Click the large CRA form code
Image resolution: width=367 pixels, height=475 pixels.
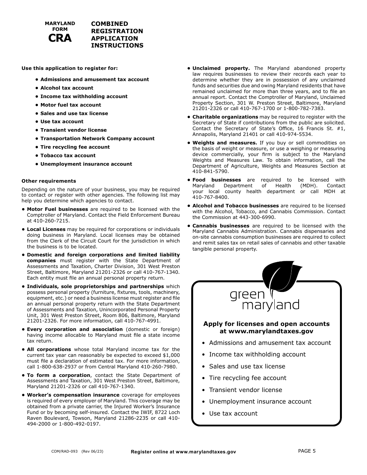click(60, 38)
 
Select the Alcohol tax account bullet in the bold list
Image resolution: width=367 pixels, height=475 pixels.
click(67, 88)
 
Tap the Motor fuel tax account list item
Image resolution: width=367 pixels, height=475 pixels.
click(71, 105)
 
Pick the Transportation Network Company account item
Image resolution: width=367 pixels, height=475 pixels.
click(97, 139)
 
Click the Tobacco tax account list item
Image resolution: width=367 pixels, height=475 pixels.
click(68, 156)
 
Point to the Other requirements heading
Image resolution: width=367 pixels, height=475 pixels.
click(49, 181)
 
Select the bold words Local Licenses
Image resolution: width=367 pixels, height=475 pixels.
click(46, 229)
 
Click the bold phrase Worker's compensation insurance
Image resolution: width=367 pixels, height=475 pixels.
click(73, 395)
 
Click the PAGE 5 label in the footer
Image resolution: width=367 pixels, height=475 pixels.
click(307, 451)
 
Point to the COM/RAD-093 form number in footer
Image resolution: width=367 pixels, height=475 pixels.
click(64, 451)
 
